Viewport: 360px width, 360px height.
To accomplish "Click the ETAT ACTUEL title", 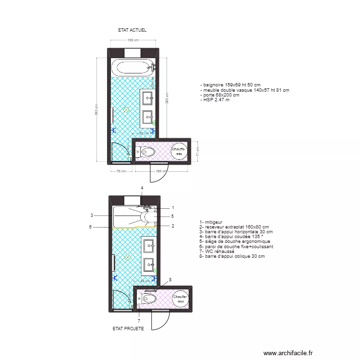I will click(132, 30).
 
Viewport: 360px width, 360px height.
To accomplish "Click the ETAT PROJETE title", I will click(128, 329).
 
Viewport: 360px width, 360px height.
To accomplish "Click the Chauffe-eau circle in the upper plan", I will click(179, 152).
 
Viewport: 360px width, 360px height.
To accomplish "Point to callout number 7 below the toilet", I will click(139, 321).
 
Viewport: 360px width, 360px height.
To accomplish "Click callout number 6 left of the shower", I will click(90, 227).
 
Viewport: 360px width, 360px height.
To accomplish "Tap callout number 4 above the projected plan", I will click(142, 188).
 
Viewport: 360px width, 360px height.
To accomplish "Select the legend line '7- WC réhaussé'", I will click(216, 252).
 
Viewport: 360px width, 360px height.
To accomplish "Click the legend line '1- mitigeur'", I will click(212, 223).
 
